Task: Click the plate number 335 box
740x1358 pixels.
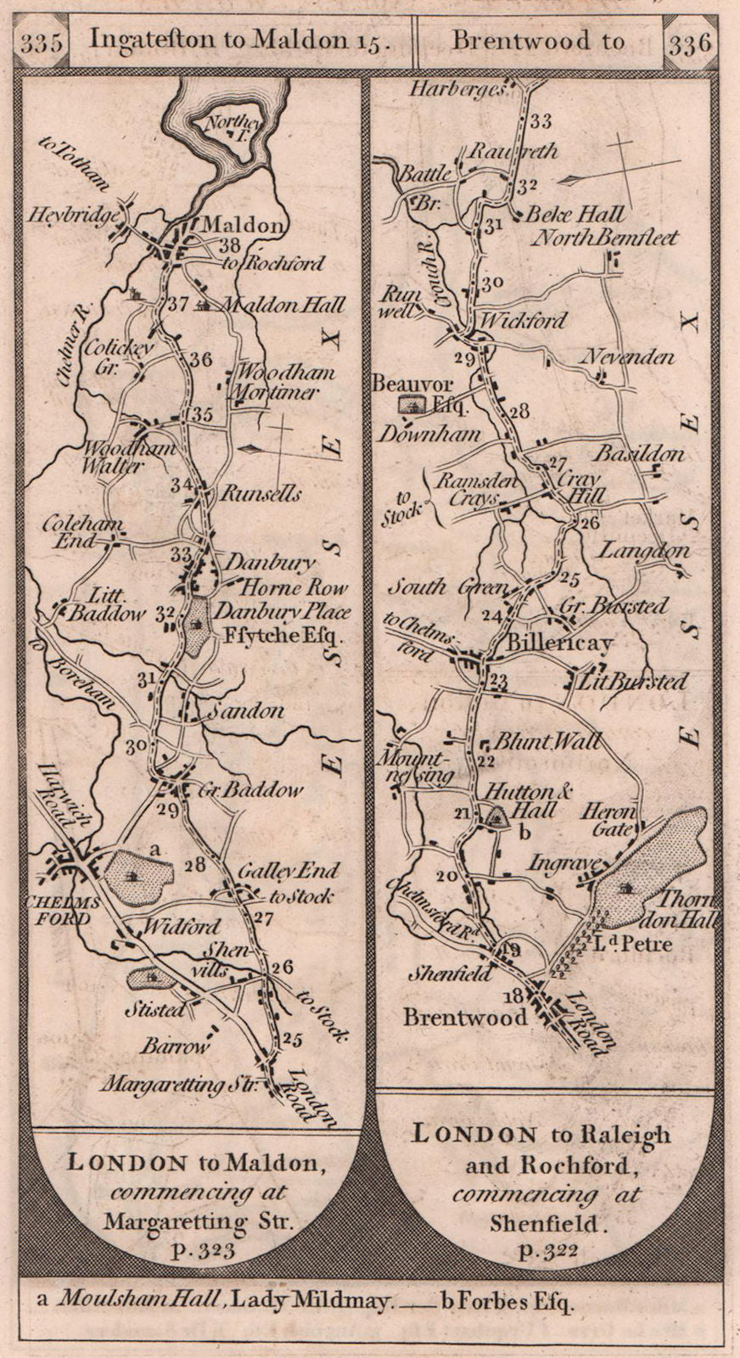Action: (x=42, y=42)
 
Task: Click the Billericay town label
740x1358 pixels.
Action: (x=582, y=644)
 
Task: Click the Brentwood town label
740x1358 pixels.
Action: (x=465, y=1017)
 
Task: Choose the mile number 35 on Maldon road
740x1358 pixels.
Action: (x=201, y=415)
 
